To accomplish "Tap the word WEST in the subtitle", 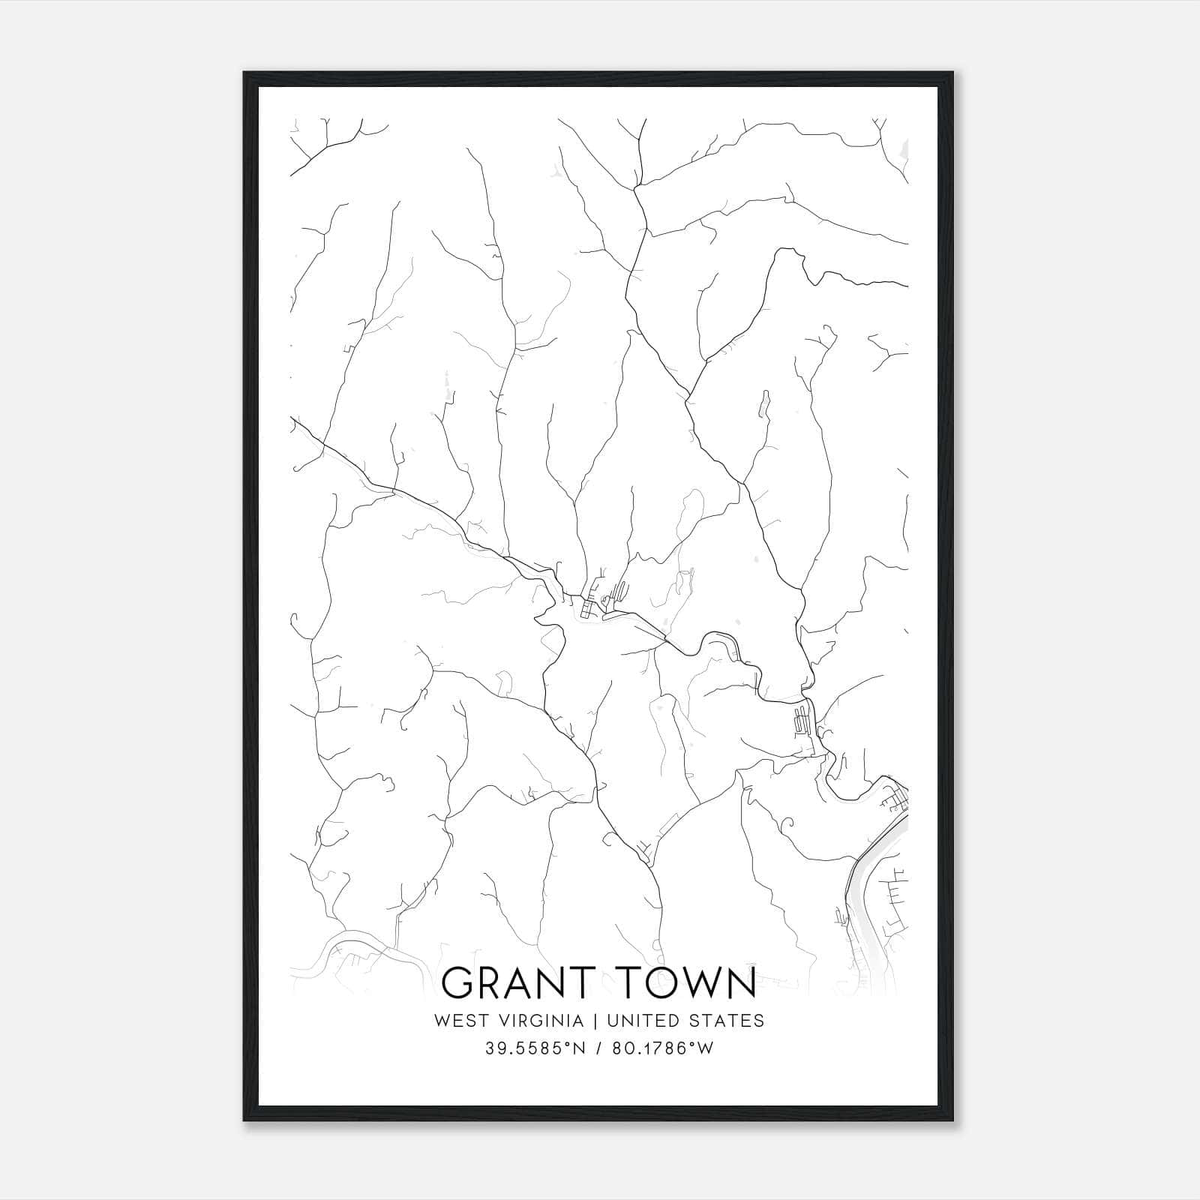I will tap(457, 1021).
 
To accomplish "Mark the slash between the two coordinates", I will tap(600, 1048).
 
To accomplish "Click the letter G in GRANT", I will tap(460, 983).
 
